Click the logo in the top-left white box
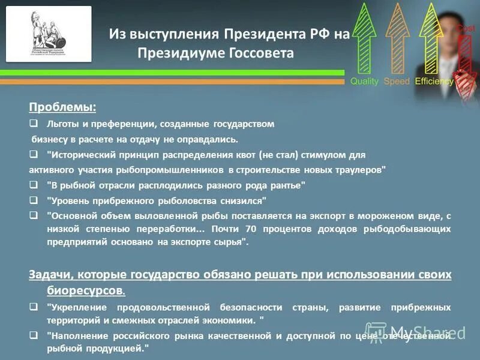click(x=49, y=34)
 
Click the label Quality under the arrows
click(x=364, y=81)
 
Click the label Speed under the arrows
click(x=397, y=81)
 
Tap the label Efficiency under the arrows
click(x=434, y=81)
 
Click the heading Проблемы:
click(x=62, y=107)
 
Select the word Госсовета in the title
click(x=261, y=54)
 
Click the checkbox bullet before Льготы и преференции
click(x=34, y=124)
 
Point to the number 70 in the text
click(x=251, y=229)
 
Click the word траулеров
click(x=360, y=170)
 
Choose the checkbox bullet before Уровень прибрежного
click(x=34, y=200)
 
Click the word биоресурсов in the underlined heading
click(x=85, y=290)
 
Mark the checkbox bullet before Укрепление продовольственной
click(x=34, y=307)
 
